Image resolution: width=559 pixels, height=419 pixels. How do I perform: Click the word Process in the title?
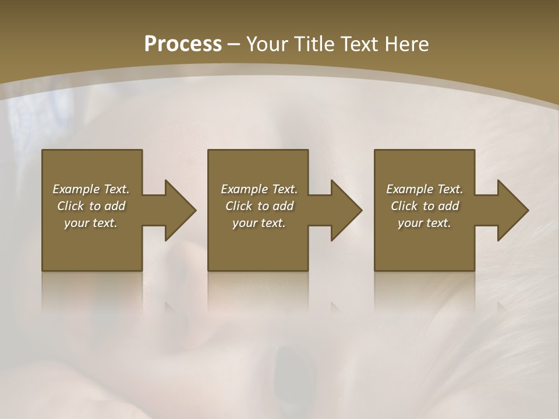pos(183,44)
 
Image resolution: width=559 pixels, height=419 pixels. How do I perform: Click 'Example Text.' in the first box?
pos(91,189)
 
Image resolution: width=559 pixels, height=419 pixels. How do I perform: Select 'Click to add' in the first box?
pos(91,206)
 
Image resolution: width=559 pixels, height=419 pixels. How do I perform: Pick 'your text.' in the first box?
pos(91,223)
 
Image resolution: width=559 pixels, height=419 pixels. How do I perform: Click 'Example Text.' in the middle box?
pos(259,189)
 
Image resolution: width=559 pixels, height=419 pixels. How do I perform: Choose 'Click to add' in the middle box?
pos(259,206)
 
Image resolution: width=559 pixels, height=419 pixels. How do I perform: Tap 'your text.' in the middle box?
pos(259,223)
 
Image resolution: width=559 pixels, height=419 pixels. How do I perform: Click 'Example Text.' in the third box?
pos(424,189)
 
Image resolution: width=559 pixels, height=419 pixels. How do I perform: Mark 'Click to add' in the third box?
pos(424,206)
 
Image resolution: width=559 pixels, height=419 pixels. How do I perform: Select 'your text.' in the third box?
pos(424,223)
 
